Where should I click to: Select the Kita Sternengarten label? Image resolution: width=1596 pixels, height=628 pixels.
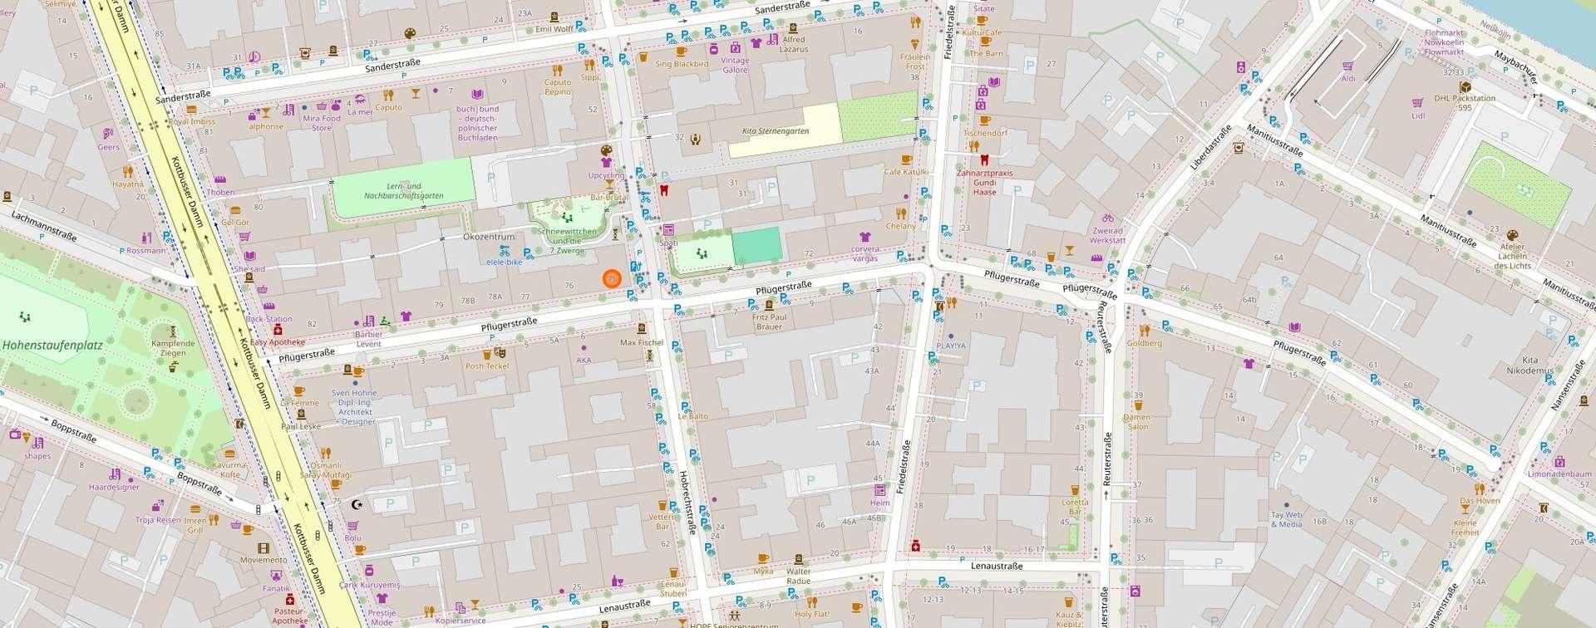click(775, 131)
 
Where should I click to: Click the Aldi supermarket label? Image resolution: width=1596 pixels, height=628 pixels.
click(1348, 79)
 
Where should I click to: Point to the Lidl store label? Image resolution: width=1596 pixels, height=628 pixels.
click(1418, 115)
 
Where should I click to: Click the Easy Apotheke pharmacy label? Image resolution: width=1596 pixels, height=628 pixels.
click(278, 342)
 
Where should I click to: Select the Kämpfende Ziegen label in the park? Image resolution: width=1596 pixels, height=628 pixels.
click(173, 347)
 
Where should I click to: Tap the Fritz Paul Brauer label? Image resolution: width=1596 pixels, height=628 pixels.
click(769, 321)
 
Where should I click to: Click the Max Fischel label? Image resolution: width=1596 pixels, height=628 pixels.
click(641, 342)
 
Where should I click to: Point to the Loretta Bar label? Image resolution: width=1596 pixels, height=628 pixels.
click(1075, 507)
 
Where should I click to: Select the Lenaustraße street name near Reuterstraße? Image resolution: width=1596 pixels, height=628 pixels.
click(996, 566)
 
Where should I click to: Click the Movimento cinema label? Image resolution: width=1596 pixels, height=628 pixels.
click(264, 560)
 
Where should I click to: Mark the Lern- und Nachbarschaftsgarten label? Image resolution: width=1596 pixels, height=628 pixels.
click(403, 191)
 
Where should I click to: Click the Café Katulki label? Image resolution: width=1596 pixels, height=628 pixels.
click(905, 172)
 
